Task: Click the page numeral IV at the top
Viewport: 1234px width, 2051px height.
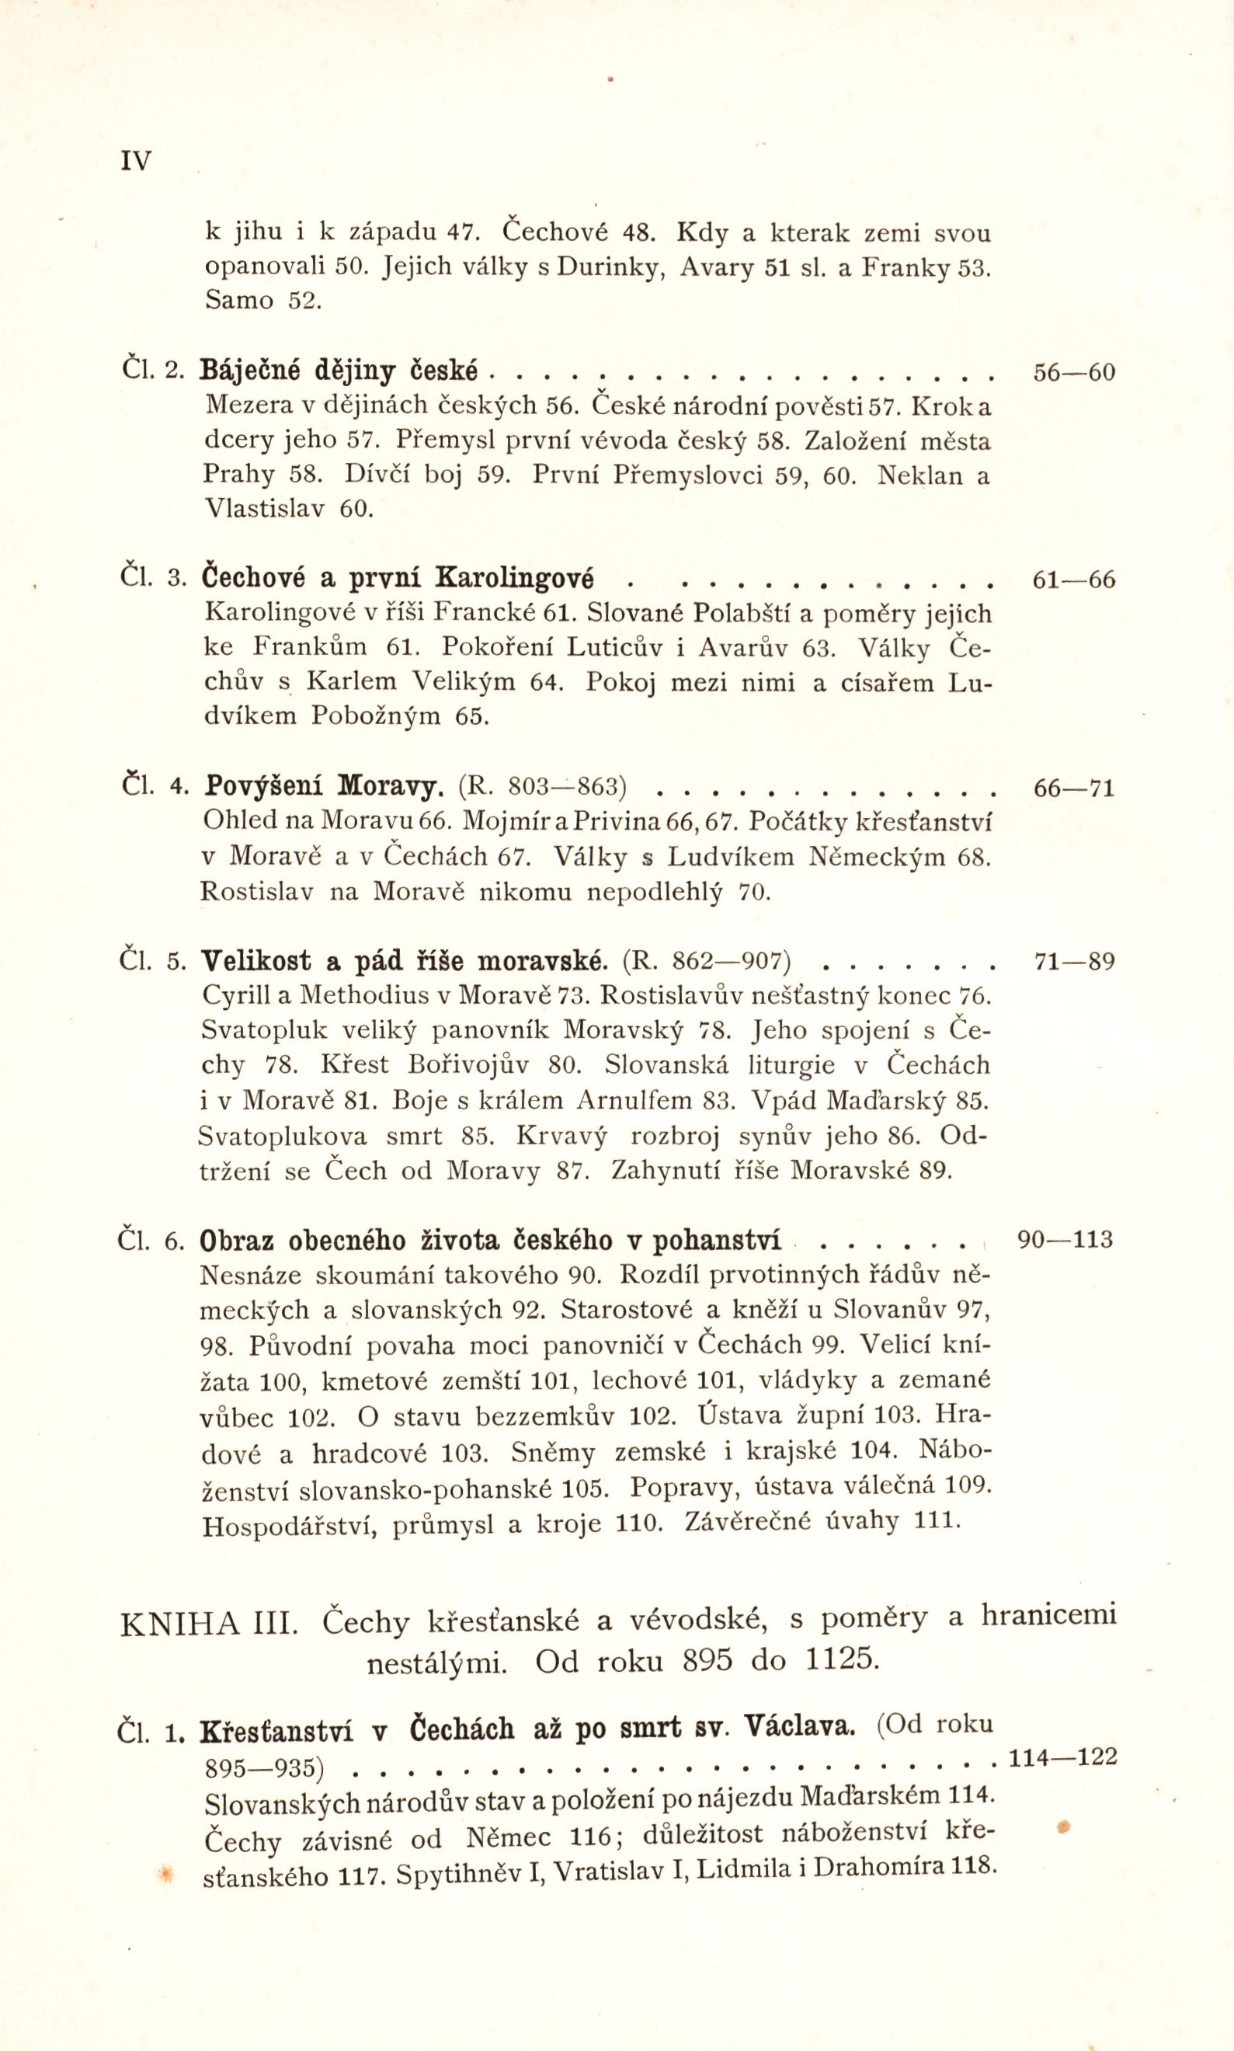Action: coord(137,161)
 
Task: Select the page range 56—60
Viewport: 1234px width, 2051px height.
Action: coord(1072,373)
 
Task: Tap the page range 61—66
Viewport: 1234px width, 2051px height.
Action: coord(1072,580)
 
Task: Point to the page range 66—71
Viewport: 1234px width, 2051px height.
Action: coord(1072,788)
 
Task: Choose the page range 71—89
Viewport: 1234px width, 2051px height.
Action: coord(1072,962)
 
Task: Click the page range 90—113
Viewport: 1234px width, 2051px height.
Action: coord(1065,1240)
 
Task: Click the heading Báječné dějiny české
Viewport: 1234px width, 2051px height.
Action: coord(339,371)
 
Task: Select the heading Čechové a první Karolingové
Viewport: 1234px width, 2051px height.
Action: coord(398,578)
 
